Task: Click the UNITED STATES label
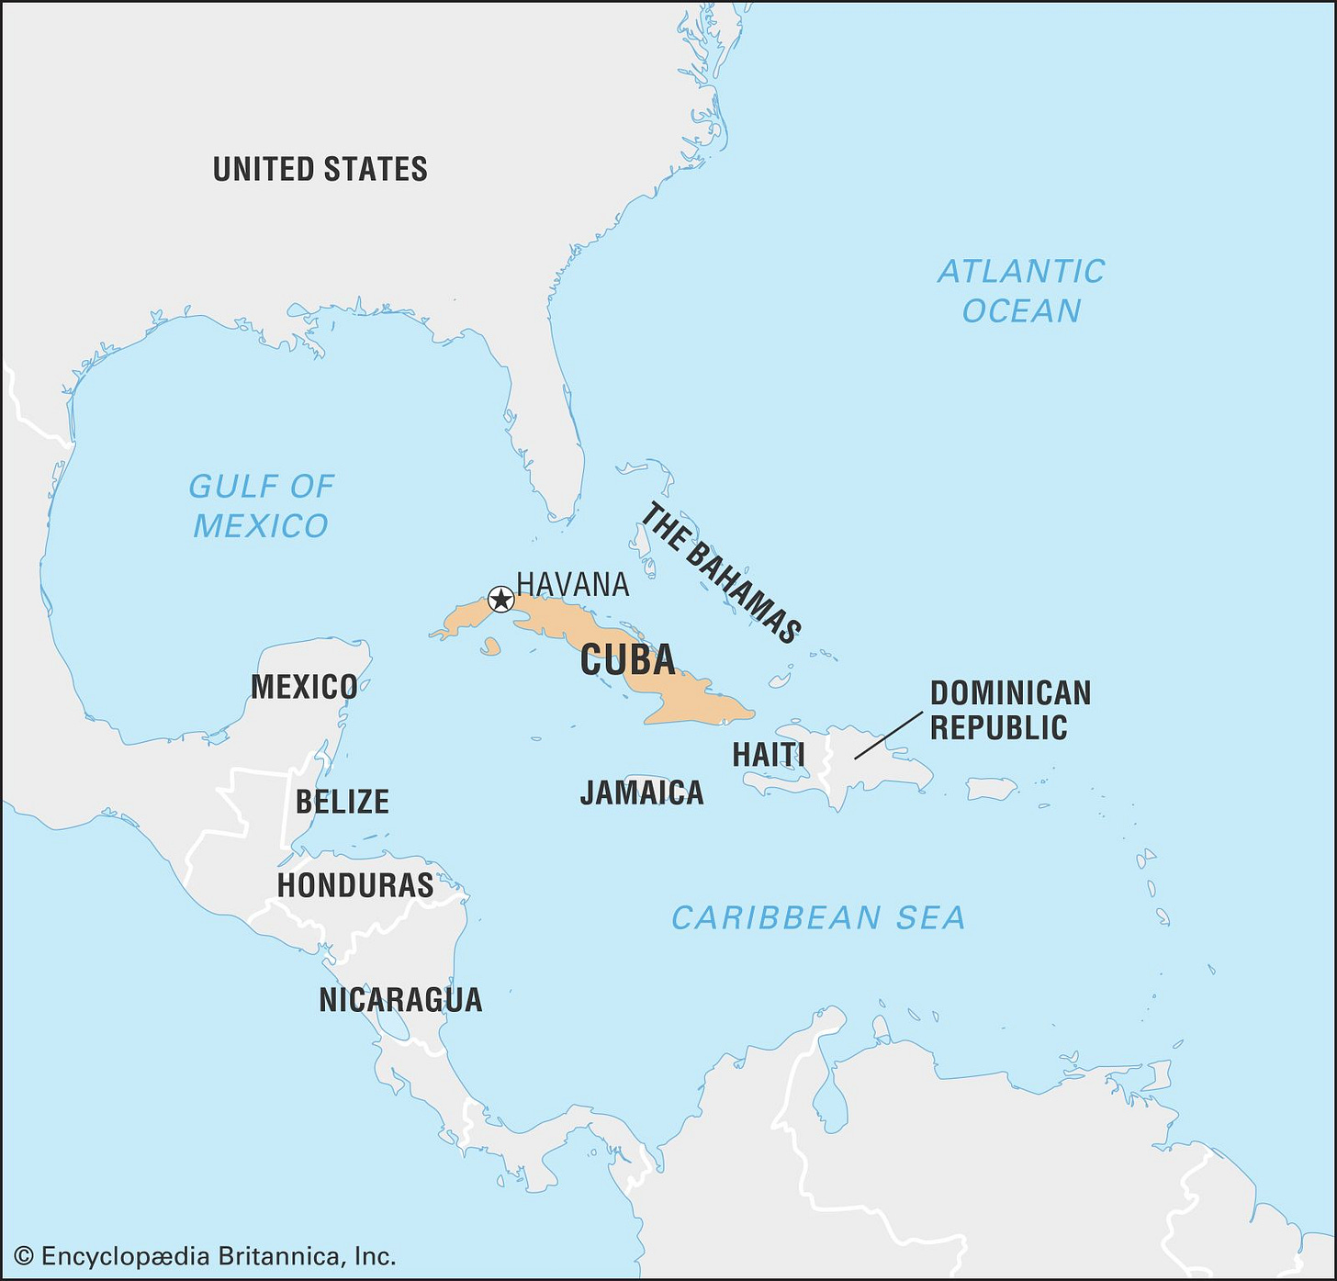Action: [320, 170]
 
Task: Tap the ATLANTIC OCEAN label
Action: [1021, 291]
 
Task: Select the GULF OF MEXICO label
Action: [261, 506]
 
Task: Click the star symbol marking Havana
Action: [500, 600]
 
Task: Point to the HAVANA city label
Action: [573, 584]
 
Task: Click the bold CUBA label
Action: [628, 660]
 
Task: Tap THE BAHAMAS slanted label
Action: [721, 572]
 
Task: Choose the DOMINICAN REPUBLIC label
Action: [1010, 710]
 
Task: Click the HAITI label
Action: [769, 755]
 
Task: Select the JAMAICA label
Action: [642, 792]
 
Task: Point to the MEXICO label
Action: [304, 687]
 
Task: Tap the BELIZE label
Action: [342, 802]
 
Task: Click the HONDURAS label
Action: [355, 885]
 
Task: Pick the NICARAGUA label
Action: [400, 1000]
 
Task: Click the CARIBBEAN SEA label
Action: [818, 917]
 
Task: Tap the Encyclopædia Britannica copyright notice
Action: [206, 1256]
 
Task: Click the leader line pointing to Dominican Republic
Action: [888, 735]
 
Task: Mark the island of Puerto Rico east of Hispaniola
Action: [991, 788]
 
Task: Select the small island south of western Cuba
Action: [491, 647]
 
